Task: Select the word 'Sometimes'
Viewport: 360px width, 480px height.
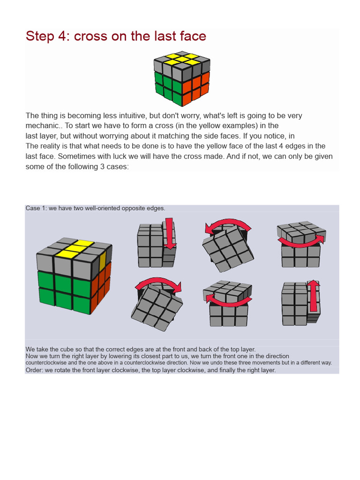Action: tap(75, 156)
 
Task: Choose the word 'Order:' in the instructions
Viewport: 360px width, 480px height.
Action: tap(35, 370)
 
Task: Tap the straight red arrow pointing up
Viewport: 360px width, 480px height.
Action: tap(314, 296)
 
